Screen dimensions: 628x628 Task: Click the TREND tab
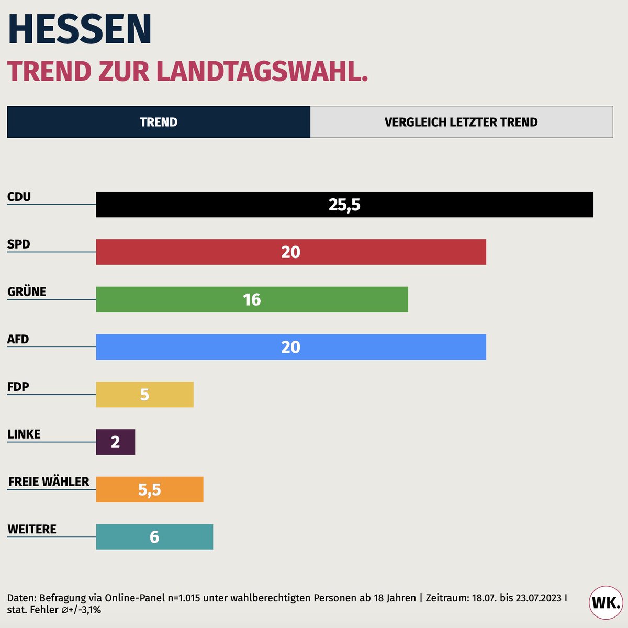point(159,122)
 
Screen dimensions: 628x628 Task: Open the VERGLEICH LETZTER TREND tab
point(461,122)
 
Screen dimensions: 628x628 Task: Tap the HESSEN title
point(80,29)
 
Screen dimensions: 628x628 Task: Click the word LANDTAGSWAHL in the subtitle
point(262,72)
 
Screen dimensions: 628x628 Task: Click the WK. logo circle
point(606,602)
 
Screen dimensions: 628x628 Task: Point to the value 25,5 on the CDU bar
point(344,205)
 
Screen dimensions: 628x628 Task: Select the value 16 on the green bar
point(252,300)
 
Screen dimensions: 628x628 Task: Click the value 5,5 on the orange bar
point(149,490)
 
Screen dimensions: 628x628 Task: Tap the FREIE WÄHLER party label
point(49,481)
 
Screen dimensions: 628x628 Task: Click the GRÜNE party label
point(27,291)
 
